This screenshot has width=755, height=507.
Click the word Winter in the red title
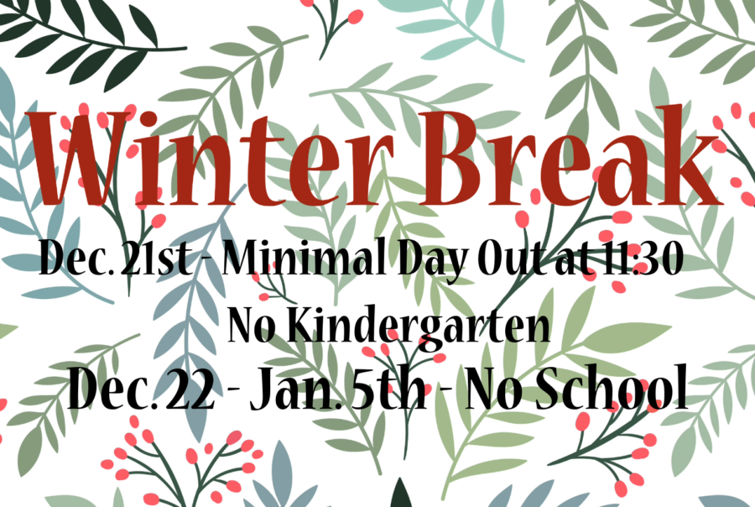pyautogui.click(x=207, y=159)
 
